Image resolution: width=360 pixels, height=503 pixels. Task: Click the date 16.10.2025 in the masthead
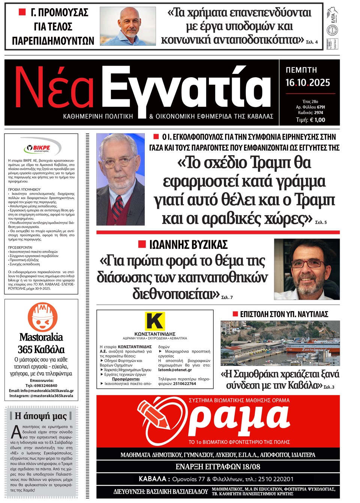pyautogui.click(x=307, y=82)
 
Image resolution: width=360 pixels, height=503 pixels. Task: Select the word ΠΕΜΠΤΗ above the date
pyautogui.click(x=301, y=70)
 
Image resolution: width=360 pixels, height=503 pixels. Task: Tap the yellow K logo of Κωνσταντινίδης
pyautogui.click(x=154, y=321)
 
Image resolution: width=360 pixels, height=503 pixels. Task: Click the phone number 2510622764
pyautogui.click(x=184, y=383)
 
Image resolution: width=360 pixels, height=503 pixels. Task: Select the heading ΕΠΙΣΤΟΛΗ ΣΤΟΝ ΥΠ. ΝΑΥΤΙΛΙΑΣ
pyautogui.click(x=284, y=314)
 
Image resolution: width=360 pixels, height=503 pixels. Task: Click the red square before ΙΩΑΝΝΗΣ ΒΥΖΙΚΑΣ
pyautogui.click(x=142, y=244)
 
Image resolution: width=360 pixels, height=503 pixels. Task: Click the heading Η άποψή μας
pyautogui.click(x=40, y=416)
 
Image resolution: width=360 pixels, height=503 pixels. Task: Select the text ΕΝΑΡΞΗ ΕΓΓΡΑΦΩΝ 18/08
pyautogui.click(x=218, y=467)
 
